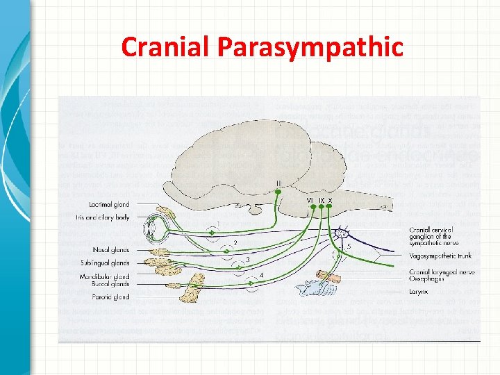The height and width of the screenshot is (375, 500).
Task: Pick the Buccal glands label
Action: pos(110,284)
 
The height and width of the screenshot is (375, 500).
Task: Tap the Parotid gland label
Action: pos(111,297)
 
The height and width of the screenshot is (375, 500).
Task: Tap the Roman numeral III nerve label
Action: pos(279,183)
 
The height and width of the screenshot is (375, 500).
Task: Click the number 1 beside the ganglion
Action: pos(219,224)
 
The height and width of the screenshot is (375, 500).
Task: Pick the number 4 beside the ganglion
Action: pos(261,275)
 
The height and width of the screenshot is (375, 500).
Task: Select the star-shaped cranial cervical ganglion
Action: pos(341,233)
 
